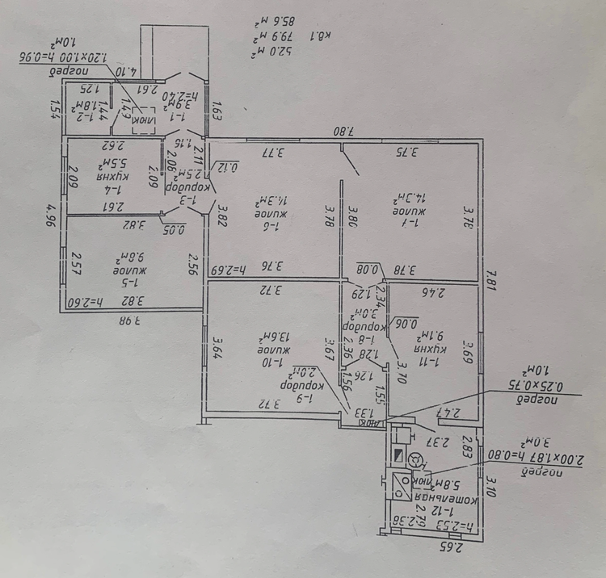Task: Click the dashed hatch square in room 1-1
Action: pos(143,116)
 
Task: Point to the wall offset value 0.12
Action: pos(229,169)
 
